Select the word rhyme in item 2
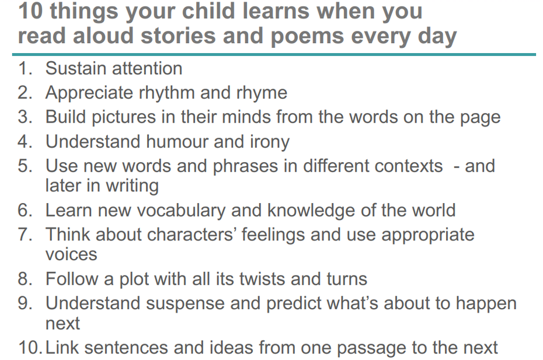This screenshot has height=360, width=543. pyautogui.click(x=262, y=93)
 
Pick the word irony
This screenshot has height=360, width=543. pyautogui.click(x=269, y=142)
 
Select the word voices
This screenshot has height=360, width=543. pyautogui.click(x=71, y=255)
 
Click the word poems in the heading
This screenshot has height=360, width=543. pyautogui.click(x=307, y=37)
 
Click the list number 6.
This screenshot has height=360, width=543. pyautogui.click(x=25, y=211)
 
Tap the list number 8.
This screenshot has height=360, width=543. pyautogui.click(x=25, y=279)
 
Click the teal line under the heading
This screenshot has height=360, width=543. pyautogui.click(x=274, y=54)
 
